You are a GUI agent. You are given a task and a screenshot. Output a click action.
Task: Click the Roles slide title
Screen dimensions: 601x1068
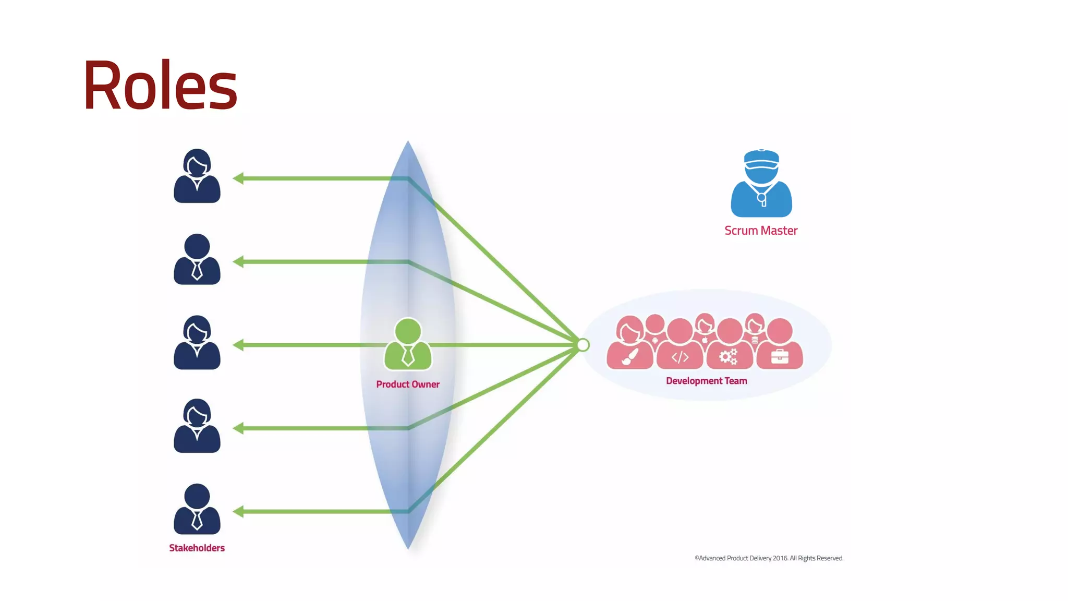(160, 85)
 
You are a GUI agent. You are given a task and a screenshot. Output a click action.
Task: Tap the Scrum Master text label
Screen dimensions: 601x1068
(761, 231)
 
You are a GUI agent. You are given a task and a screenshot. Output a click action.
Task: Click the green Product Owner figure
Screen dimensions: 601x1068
(408, 344)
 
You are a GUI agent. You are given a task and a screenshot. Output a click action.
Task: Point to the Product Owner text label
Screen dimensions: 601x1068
(408, 384)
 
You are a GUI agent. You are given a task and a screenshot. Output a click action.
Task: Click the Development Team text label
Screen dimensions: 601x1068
(707, 381)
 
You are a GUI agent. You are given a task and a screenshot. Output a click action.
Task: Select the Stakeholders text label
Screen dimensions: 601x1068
(197, 548)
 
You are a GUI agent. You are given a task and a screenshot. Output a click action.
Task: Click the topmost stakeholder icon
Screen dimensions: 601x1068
(197, 176)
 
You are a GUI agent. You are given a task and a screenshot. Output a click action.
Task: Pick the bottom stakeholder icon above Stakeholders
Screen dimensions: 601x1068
(197, 509)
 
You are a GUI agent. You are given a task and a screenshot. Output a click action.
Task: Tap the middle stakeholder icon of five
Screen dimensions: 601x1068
(197, 343)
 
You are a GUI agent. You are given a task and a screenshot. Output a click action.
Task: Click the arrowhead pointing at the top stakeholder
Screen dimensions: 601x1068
(238, 178)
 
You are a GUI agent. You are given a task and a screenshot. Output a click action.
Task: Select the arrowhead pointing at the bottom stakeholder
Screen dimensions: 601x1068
(238, 512)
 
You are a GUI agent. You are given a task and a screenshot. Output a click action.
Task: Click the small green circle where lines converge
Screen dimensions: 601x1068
(583, 345)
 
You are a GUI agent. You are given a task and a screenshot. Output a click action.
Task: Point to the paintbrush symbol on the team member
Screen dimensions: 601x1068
(630, 357)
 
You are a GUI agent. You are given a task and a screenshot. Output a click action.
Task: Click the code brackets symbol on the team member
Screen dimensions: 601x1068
(680, 357)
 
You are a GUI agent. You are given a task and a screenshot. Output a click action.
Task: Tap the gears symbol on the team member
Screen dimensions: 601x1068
(729, 357)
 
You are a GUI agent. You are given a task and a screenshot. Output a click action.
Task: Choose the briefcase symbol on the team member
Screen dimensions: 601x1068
(780, 357)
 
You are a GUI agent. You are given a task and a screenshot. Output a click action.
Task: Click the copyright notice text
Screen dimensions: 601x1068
(769, 558)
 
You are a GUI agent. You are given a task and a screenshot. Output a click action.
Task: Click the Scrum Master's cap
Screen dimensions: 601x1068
(761, 159)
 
